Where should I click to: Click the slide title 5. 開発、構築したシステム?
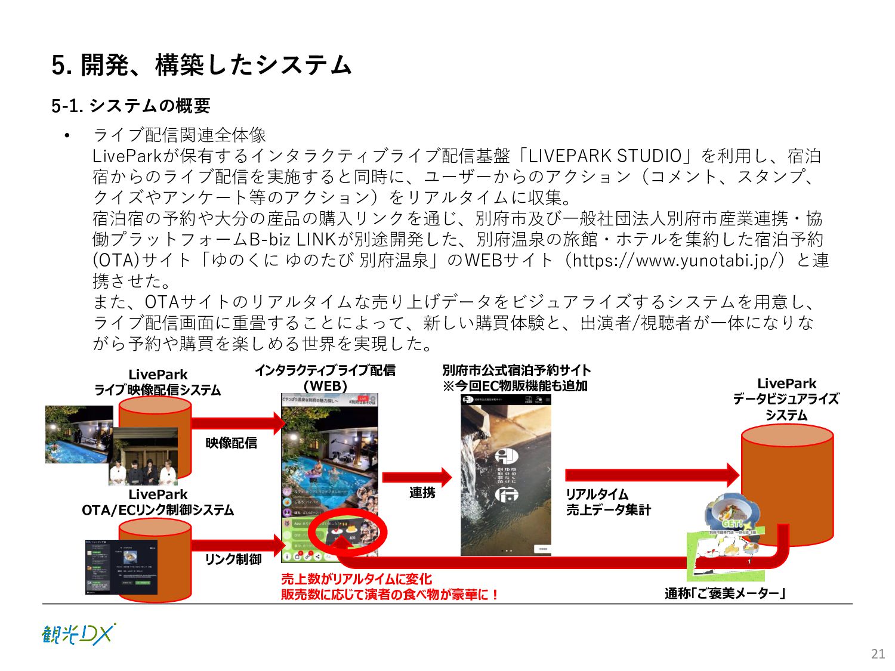tap(201, 65)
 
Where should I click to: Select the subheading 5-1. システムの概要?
tap(131, 106)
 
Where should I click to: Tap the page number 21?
tap(878, 654)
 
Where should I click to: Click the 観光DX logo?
tap(78, 634)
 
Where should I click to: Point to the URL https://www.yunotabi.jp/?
tap(678, 260)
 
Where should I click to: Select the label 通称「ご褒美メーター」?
tap(724, 593)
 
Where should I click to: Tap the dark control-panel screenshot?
tap(121, 567)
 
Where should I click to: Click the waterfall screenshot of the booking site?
tap(505, 475)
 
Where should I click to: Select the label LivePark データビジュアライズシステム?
tap(786, 399)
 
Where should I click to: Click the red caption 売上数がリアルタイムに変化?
tap(356, 579)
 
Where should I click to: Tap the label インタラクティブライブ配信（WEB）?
tap(325, 378)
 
